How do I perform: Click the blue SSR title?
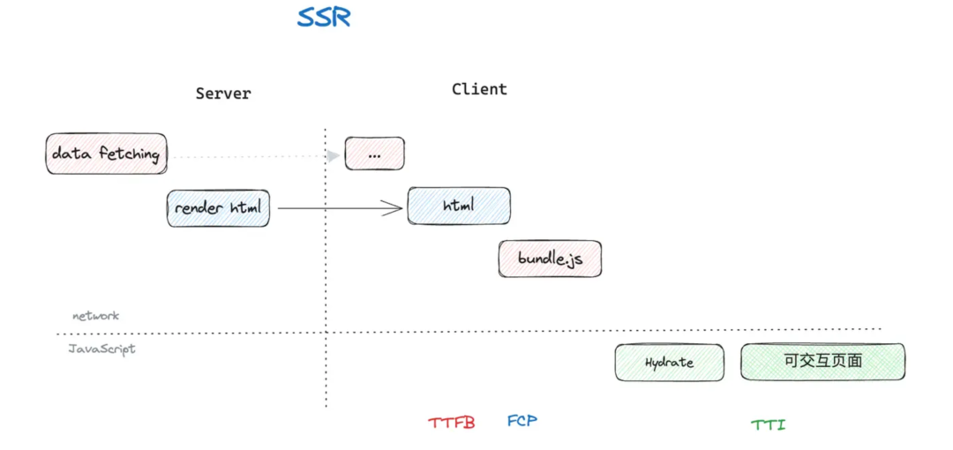(x=324, y=17)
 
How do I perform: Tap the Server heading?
(x=223, y=93)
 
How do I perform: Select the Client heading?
(x=479, y=89)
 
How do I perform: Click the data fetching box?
(x=106, y=154)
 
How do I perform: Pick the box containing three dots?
(x=374, y=154)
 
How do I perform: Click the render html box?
(x=218, y=208)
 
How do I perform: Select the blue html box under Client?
(x=459, y=206)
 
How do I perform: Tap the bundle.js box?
(x=550, y=259)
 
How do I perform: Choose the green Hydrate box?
(x=669, y=363)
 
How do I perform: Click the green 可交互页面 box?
(x=822, y=362)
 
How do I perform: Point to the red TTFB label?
(x=452, y=423)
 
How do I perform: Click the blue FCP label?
(x=522, y=421)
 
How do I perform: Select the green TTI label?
(x=768, y=424)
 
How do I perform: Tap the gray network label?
(x=95, y=315)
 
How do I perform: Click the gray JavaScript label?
(x=102, y=349)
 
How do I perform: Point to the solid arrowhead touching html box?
(x=395, y=208)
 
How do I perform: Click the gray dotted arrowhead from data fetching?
(x=333, y=156)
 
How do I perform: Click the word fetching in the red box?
(x=130, y=154)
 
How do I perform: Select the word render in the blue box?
(x=199, y=208)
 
